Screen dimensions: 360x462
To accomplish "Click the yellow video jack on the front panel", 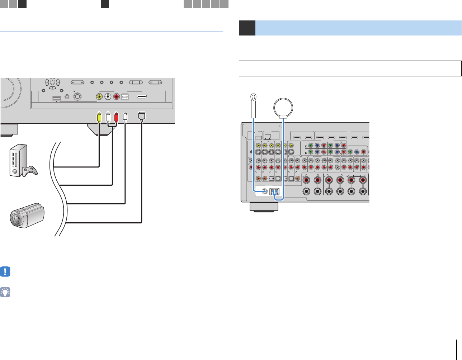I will pyautogui.click(x=99, y=96).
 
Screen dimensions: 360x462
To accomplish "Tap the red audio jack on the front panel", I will pyautogui.click(x=116, y=96).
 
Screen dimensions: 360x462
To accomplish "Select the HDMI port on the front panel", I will pyautogui.click(x=142, y=96).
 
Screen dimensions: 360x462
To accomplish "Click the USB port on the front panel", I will pyautogui.click(x=56, y=97).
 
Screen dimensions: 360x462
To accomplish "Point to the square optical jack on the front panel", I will pyautogui.click(x=125, y=96).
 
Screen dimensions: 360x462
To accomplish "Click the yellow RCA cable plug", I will pyautogui.click(x=99, y=117).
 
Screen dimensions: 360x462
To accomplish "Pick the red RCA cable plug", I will pyautogui.click(x=116, y=117).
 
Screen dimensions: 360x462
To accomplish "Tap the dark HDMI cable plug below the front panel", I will pyautogui.click(x=142, y=116).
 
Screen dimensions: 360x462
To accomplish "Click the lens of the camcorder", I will pyautogui.click(x=17, y=219).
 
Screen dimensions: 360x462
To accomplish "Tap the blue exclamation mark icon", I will pyautogui.click(x=5, y=272).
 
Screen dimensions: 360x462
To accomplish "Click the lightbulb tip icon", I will pyautogui.click(x=5, y=292).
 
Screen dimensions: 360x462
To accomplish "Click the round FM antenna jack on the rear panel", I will pyautogui.click(x=265, y=191).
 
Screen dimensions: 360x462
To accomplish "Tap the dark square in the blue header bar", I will pyautogui.click(x=247, y=28).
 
